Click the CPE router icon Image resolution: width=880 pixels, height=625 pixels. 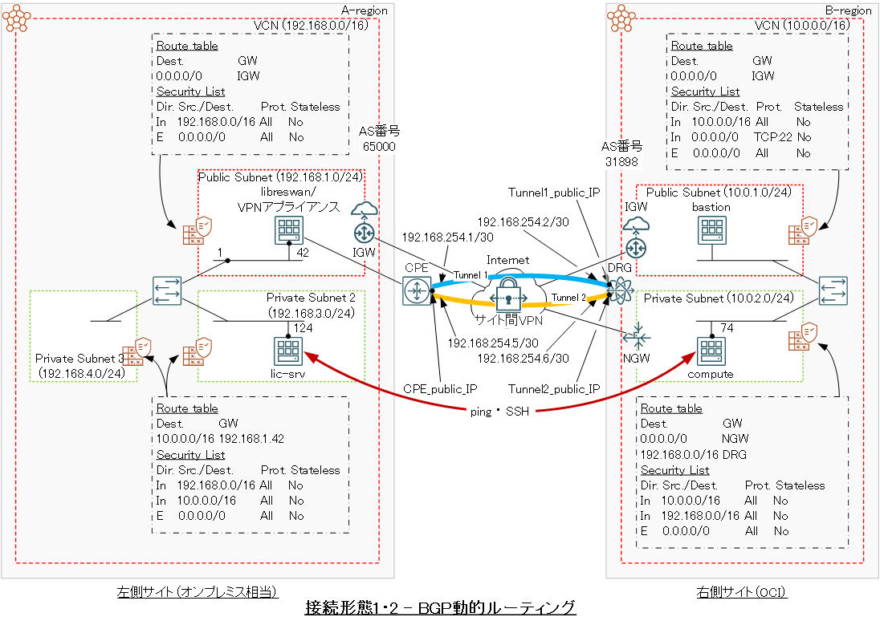click(417, 290)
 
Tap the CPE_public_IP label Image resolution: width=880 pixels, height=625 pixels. click(440, 390)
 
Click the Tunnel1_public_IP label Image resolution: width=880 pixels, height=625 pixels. click(554, 193)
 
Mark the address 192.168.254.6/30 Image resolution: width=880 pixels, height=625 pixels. click(523, 358)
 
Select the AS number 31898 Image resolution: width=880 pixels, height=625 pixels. click(622, 161)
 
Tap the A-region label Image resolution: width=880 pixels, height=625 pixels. click(364, 10)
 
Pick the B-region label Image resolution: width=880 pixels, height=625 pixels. click(848, 10)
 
